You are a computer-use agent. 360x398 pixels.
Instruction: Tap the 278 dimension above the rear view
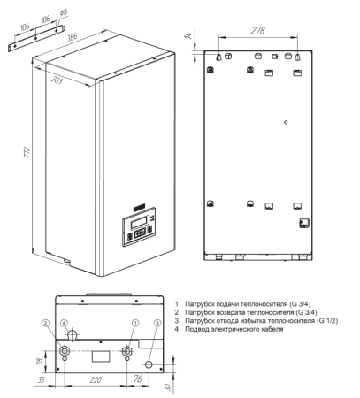[x=259, y=32]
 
